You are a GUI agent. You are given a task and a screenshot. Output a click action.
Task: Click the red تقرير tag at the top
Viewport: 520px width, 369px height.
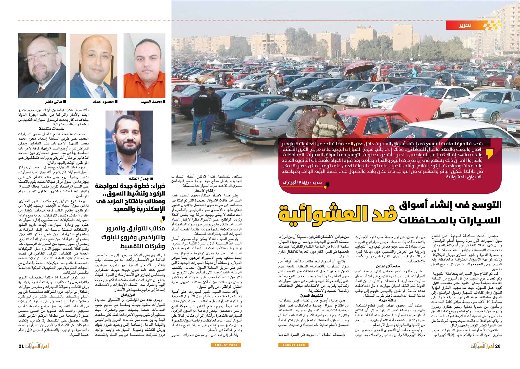(x=465, y=25)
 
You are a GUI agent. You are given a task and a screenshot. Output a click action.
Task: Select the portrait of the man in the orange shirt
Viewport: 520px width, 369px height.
(x=144, y=66)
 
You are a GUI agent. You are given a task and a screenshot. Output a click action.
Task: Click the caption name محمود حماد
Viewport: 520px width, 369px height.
(x=103, y=102)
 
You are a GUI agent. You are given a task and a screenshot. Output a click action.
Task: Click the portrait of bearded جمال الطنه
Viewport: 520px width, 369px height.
(x=129, y=143)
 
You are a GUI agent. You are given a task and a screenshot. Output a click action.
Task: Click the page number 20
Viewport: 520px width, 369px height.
(x=498, y=346)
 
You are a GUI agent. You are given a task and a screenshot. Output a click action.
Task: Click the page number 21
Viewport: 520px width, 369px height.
(x=21, y=346)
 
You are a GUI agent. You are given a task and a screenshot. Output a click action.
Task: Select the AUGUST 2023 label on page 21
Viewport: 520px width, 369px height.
(x=226, y=345)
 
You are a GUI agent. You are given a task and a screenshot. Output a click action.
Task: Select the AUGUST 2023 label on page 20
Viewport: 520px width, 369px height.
(x=293, y=345)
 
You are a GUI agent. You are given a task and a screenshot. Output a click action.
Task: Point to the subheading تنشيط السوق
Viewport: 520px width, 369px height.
(x=311, y=296)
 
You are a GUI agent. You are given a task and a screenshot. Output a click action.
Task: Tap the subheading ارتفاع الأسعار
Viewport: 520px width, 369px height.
(x=205, y=191)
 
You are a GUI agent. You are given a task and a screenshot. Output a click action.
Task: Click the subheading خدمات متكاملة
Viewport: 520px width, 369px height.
(x=51, y=129)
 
